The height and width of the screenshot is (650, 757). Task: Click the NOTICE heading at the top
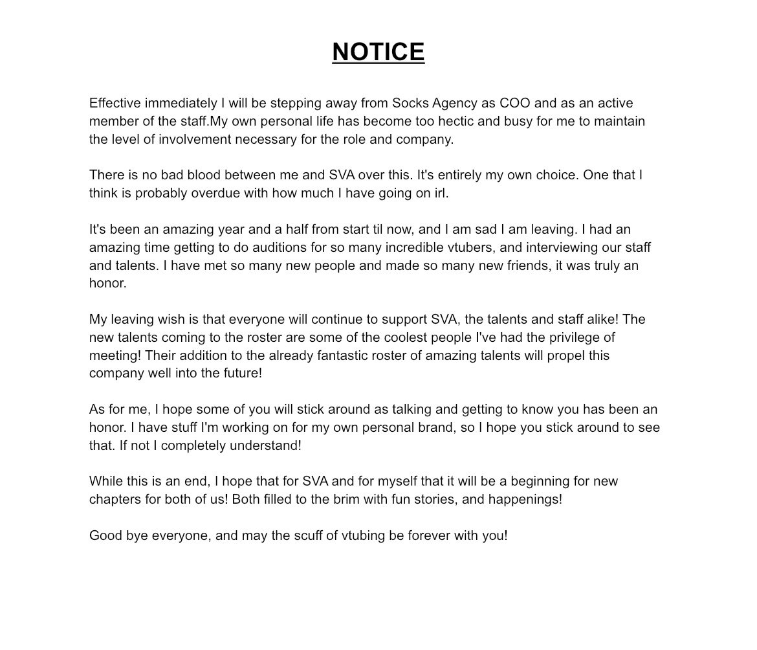[378, 52]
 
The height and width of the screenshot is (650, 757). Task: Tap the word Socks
[410, 103]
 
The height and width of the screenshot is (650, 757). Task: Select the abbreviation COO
[514, 103]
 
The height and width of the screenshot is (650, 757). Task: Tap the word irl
[441, 193]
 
